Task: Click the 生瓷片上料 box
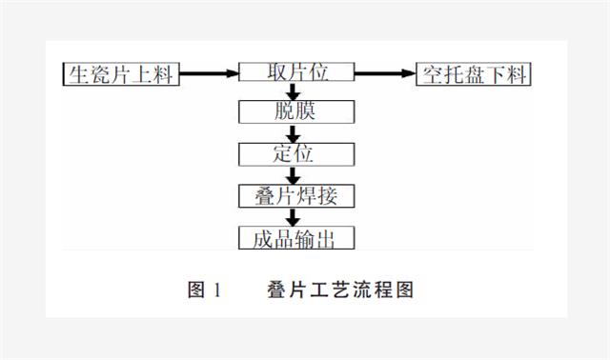121,73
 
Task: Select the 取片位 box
295,73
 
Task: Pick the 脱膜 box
295,112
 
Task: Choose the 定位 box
295,153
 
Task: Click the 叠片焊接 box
295,195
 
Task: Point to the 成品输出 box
295,237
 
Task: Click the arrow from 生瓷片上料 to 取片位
210,73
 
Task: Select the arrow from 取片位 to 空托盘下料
386,73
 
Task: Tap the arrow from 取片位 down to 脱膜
295,92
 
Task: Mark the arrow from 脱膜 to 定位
295,133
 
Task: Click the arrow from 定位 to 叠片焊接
295,174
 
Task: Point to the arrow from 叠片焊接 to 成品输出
295,216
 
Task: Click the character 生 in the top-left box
78,73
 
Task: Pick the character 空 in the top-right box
430,73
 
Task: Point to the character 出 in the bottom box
329,237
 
